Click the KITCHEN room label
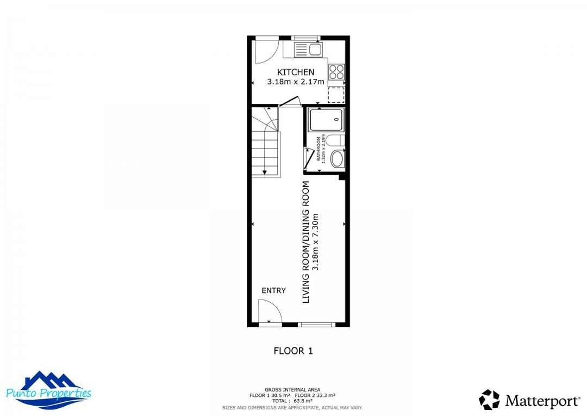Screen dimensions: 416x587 tap(296, 72)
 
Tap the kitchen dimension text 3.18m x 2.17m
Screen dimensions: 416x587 tap(295, 82)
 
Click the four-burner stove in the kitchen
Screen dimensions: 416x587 tap(336, 72)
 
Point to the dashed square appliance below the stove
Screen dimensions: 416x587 tap(336, 95)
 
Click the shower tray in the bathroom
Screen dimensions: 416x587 tap(326, 120)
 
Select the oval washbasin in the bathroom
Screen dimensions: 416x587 tap(337, 160)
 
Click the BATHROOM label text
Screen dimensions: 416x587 tap(319, 149)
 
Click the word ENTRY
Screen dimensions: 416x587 tap(273, 290)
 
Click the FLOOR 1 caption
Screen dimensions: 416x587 tap(293, 351)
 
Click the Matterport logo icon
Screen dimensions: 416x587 tap(489, 400)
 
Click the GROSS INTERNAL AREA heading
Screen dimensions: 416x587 tap(292, 389)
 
